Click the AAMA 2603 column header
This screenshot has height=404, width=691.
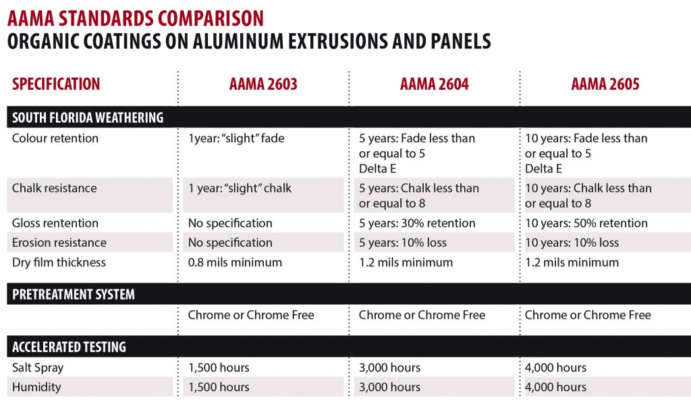point(263,84)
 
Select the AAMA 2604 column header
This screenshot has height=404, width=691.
point(435,84)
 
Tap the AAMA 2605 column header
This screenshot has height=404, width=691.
point(605,84)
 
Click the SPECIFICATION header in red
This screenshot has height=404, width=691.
point(56,84)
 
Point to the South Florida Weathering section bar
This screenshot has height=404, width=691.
point(88,117)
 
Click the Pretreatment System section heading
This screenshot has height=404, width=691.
point(74,294)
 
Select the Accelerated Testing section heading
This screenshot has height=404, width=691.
point(69,347)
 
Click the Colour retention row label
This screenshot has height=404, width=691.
point(55,138)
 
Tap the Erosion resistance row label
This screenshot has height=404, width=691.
point(59,242)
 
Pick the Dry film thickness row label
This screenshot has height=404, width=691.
point(59,262)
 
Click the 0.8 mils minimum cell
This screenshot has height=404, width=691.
point(235,262)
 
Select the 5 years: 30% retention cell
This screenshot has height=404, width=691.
point(416,223)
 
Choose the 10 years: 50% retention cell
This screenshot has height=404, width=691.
point(586,223)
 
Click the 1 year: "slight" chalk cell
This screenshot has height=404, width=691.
point(240,188)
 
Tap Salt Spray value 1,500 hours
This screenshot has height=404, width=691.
point(219,368)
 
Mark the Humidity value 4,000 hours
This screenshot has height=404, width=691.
point(555,387)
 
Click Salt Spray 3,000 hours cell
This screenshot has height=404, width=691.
point(389,368)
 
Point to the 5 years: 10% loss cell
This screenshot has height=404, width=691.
point(402,242)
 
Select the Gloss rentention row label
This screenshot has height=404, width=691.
point(55,223)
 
